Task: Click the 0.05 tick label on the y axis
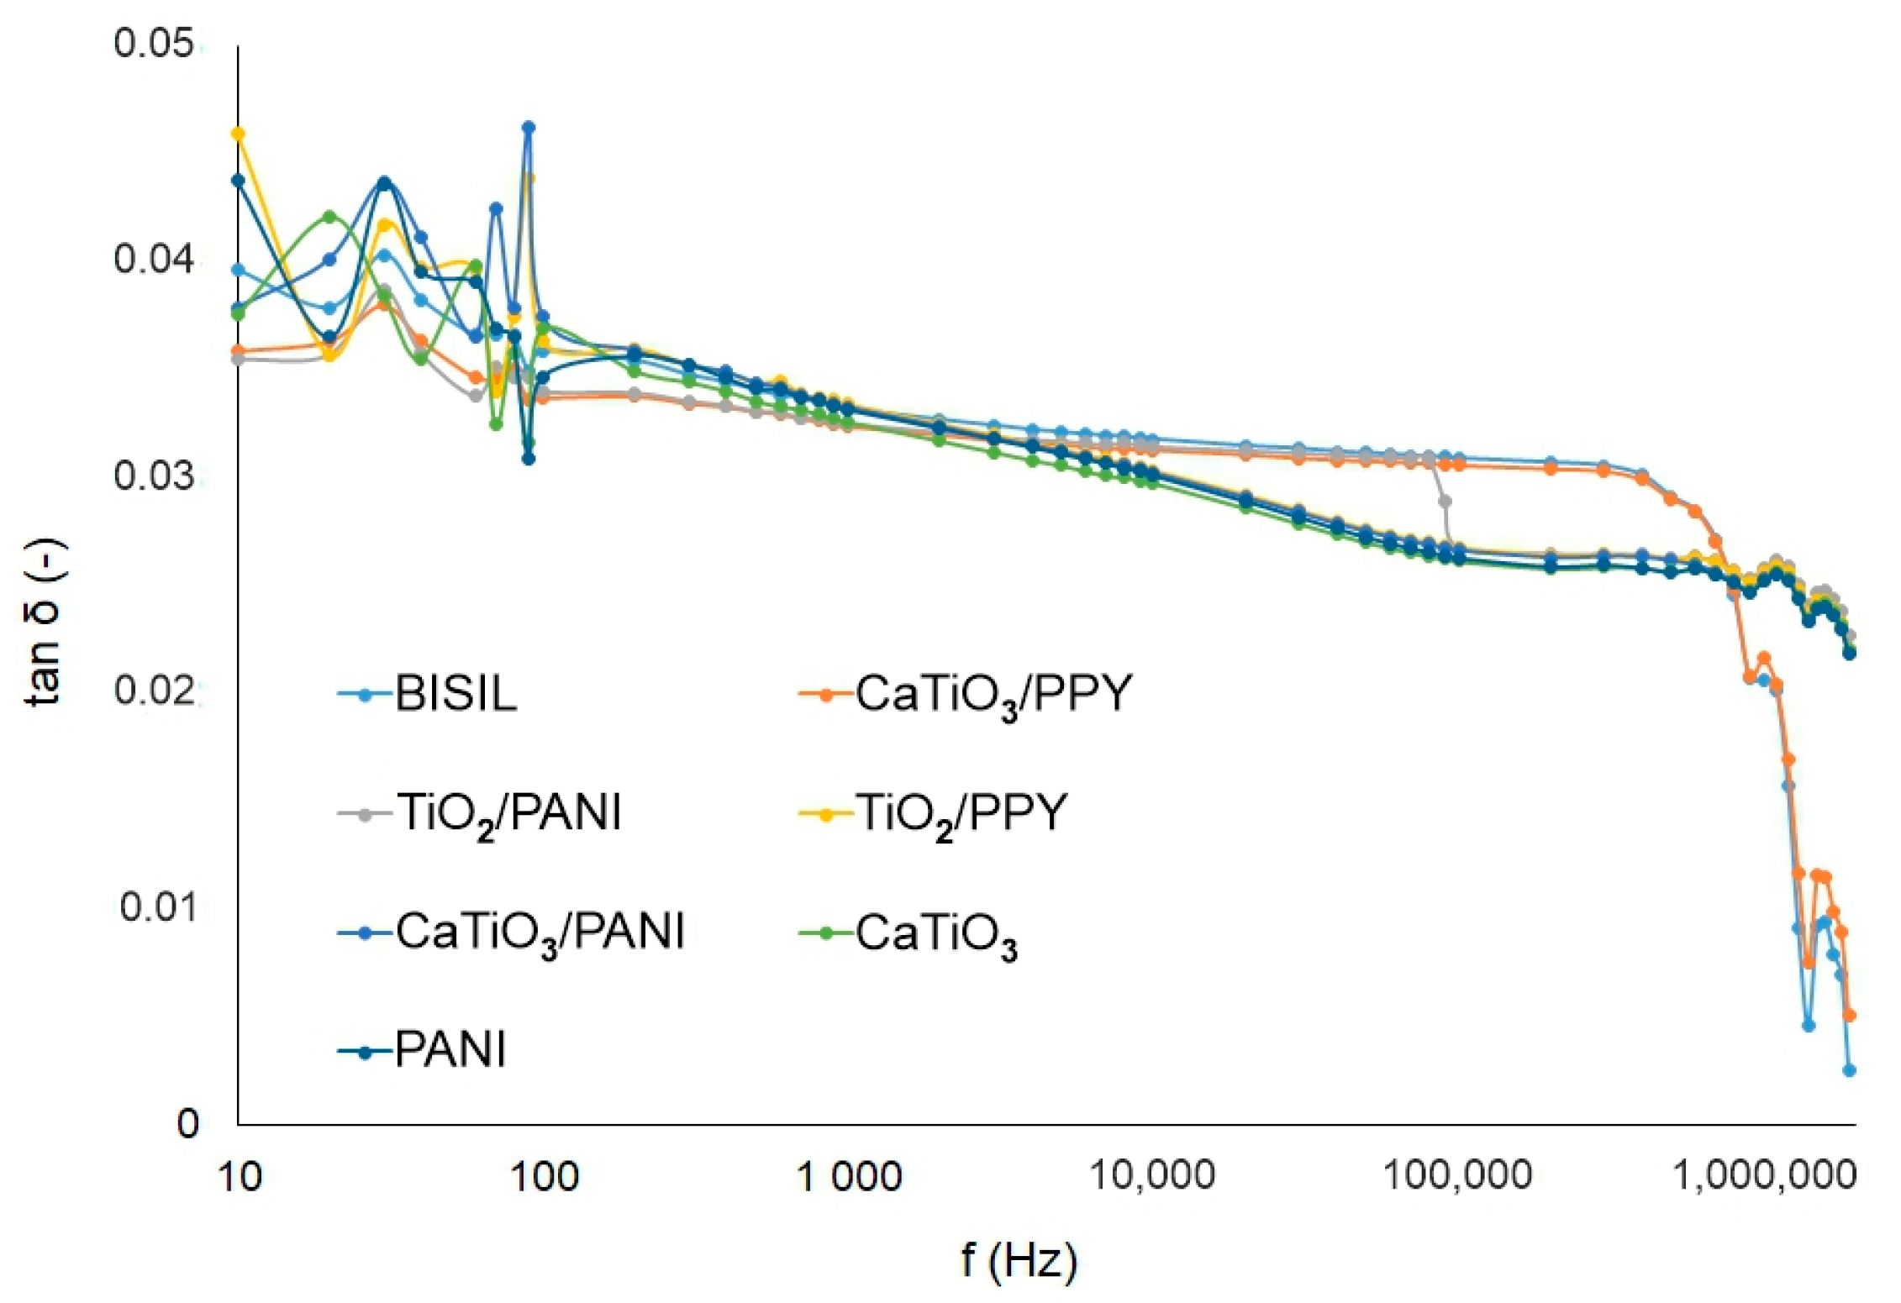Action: point(154,43)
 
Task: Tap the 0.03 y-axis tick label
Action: point(154,475)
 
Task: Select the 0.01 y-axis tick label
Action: point(157,906)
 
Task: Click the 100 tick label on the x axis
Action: point(545,1177)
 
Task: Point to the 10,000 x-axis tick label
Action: point(1152,1175)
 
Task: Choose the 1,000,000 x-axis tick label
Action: point(1764,1175)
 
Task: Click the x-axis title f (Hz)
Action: point(1019,1261)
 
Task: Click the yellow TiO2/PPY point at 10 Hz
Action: point(238,134)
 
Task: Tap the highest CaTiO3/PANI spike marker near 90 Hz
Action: point(529,128)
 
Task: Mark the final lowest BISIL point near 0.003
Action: point(1849,1069)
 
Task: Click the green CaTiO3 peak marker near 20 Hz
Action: point(329,216)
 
